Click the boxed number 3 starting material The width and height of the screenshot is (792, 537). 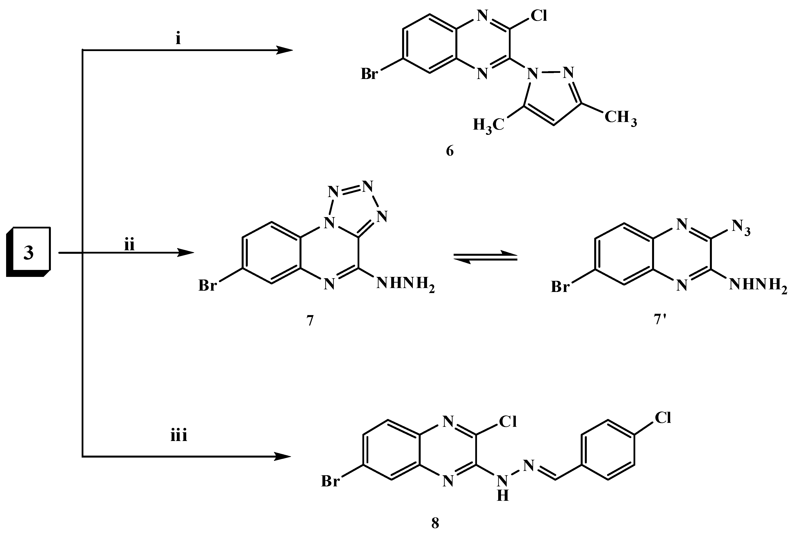29,252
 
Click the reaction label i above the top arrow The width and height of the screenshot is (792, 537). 178,39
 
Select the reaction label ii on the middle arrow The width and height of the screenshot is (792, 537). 129,245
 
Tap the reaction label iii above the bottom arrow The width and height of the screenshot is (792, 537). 179,436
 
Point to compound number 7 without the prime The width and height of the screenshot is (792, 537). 310,321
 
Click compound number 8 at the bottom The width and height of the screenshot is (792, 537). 435,523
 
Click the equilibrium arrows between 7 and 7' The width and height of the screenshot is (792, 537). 485,256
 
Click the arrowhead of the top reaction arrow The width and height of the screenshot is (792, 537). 285,50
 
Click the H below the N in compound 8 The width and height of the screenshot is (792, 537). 503,496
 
